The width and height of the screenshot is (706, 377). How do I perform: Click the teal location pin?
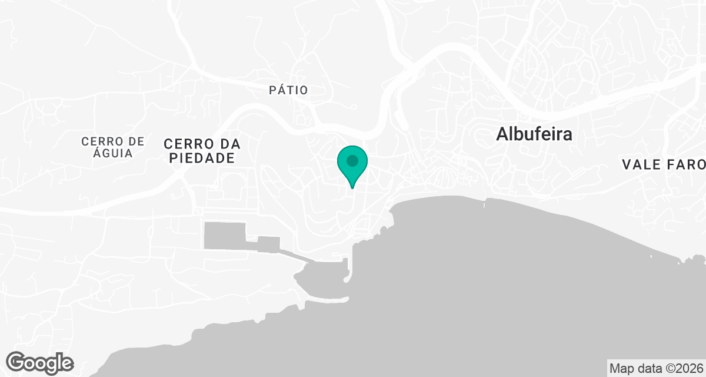click(x=352, y=165)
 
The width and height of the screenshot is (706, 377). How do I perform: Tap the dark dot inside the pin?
click(x=352, y=160)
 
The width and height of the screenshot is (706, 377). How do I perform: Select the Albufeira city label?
click(x=534, y=134)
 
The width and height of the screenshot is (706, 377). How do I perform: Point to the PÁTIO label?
click(x=288, y=90)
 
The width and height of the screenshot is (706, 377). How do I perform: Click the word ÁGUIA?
click(x=112, y=153)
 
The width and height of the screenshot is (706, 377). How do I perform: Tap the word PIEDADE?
click(x=199, y=158)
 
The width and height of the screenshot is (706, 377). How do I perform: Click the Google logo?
click(x=41, y=362)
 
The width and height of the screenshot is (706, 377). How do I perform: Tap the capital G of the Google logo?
click(x=18, y=362)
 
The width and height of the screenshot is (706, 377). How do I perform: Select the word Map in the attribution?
click(x=621, y=369)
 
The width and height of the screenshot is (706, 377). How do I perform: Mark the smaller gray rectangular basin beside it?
click(x=269, y=243)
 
